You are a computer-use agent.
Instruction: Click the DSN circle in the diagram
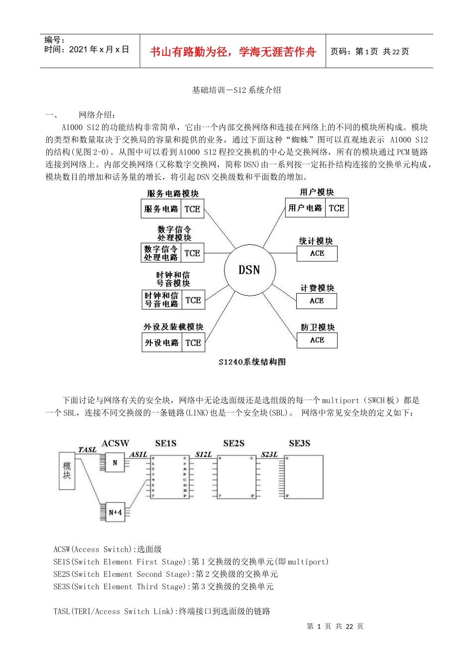[249, 270]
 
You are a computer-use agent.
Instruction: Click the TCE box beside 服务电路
[192, 209]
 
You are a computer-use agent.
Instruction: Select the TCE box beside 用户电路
[337, 208]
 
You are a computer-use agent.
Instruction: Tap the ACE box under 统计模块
[317, 253]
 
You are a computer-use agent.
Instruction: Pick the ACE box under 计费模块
[317, 301]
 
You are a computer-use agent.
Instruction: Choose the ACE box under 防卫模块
[317, 340]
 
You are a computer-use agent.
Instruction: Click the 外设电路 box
[161, 342]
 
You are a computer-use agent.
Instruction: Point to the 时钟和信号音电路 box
[161, 300]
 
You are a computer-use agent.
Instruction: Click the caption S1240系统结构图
[252, 362]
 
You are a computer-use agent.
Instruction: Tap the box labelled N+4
[115, 512]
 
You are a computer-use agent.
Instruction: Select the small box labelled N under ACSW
[115, 463]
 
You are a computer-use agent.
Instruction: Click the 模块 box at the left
[67, 471]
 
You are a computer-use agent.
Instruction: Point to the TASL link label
[87, 450]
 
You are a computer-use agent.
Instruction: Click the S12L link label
[203, 454]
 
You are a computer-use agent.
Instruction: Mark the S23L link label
[269, 454]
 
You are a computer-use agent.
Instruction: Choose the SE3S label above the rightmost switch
[299, 443]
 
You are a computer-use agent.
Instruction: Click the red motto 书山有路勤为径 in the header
[233, 52]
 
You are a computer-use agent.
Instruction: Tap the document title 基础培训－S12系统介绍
[236, 90]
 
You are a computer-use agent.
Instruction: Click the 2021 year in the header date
[78, 49]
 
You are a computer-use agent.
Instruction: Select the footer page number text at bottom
[335, 626]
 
